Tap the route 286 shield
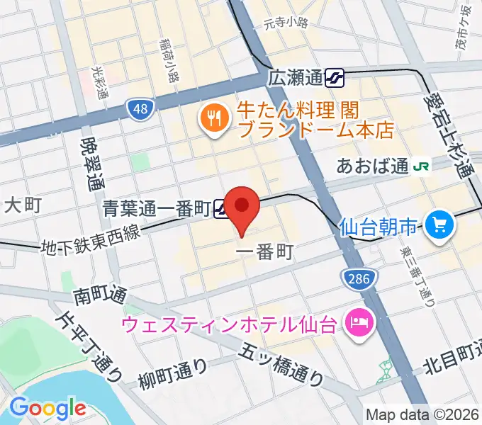[358, 279]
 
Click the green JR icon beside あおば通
[422, 166]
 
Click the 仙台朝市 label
[379, 227]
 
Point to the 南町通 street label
[99, 293]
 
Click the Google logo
[47, 408]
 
